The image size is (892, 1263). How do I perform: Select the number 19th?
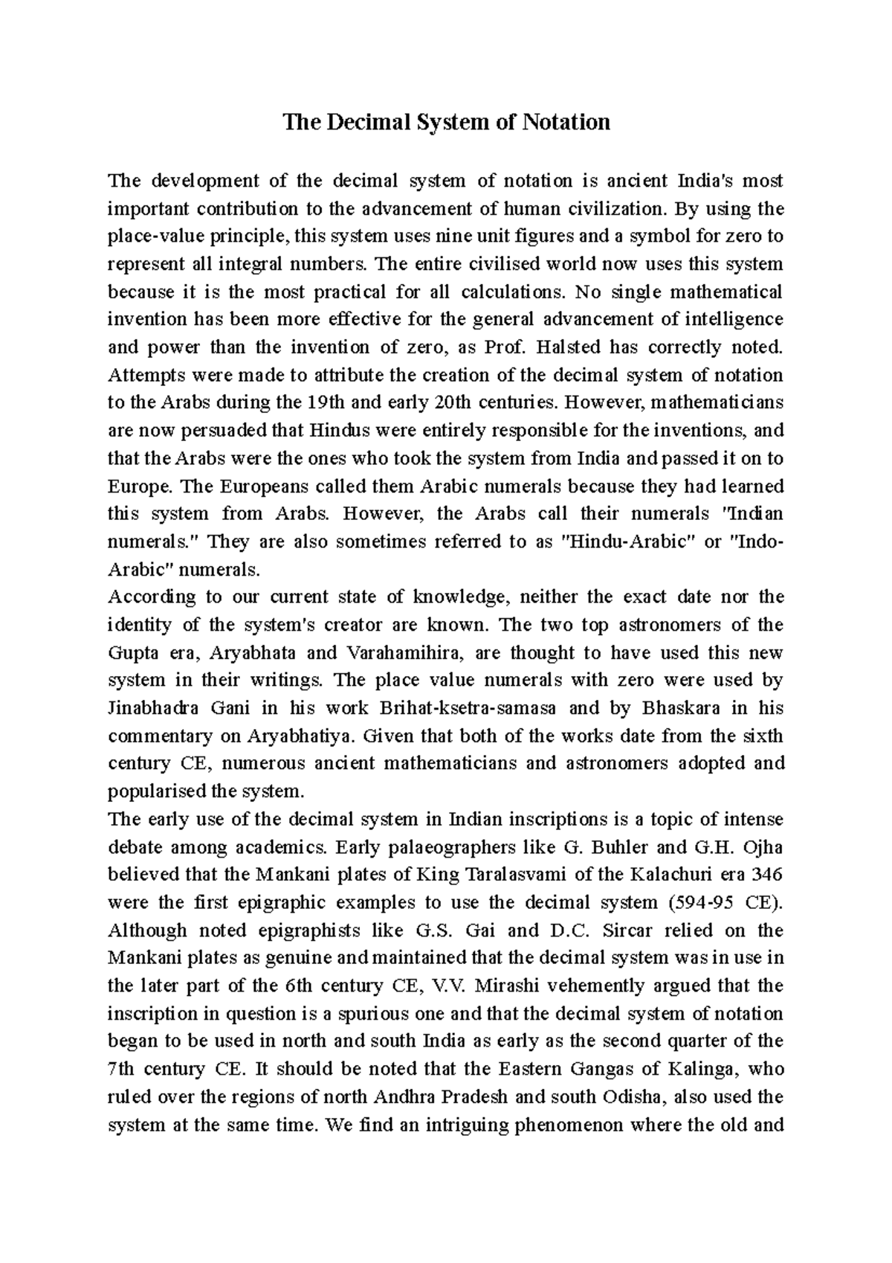coord(325,403)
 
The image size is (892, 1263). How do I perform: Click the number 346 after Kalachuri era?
coord(768,875)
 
